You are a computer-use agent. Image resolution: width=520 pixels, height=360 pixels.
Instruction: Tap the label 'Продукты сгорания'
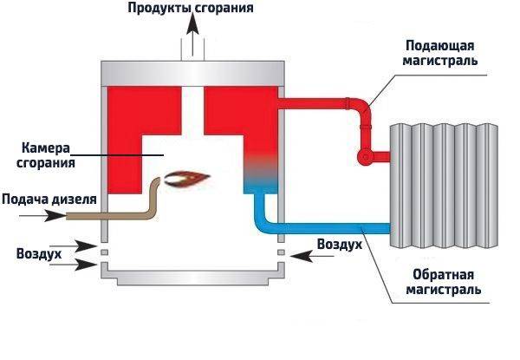tap(192, 9)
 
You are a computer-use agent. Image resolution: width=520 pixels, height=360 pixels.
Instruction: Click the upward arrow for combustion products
tap(192, 38)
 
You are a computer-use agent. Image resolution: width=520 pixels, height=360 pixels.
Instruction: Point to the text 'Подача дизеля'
tap(43, 199)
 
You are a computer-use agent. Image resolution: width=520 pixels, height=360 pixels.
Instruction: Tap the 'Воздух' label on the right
tap(339, 245)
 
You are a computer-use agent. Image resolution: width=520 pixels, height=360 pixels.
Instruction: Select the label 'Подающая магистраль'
tap(443, 53)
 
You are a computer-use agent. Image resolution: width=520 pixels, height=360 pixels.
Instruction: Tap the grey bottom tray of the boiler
tap(192, 277)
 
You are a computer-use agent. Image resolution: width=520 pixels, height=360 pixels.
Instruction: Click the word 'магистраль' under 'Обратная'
tap(445, 289)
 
